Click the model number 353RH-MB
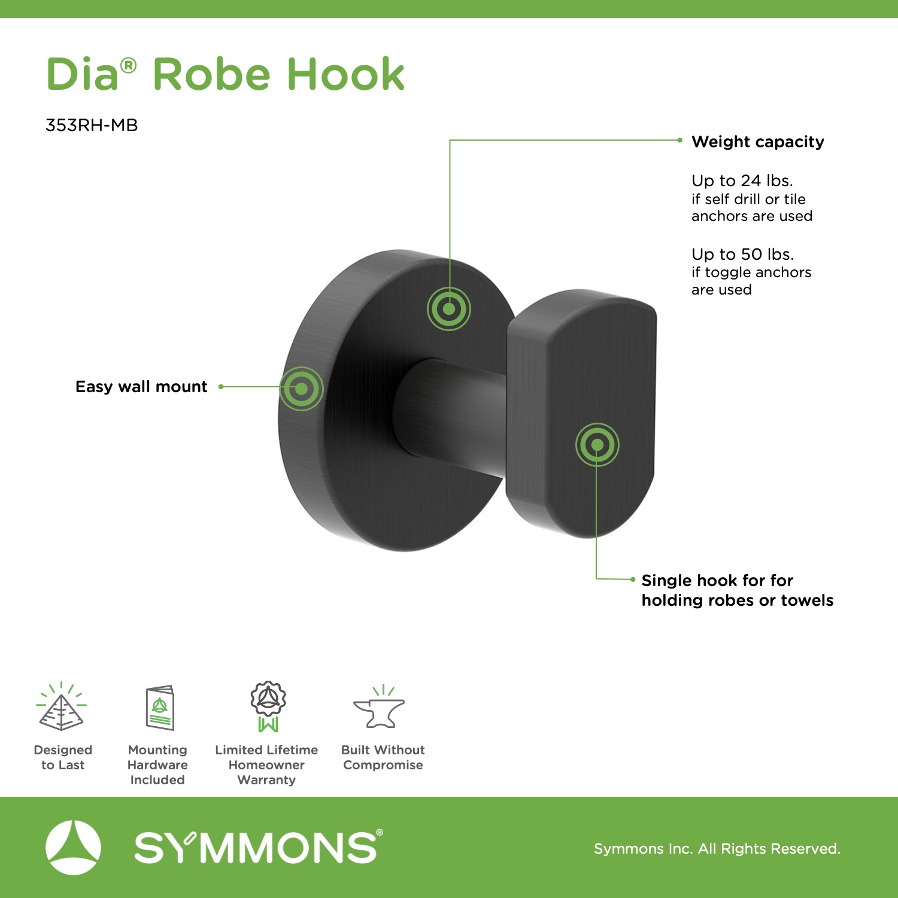tap(92, 125)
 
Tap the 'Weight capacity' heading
tap(758, 142)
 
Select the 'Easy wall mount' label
tap(141, 387)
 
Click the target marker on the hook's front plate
tap(597, 444)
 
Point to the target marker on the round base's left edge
tap(302, 389)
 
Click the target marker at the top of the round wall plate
tap(449, 309)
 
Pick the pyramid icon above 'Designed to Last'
tap(61, 706)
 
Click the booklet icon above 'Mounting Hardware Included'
tap(160, 708)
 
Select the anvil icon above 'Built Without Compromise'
tap(380, 707)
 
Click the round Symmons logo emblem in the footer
tap(73, 848)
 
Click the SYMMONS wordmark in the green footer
tap(258, 847)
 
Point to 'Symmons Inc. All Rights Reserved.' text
tap(717, 848)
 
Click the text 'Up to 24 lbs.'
tap(742, 180)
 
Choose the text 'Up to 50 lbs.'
tap(743, 254)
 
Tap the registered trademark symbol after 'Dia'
tap(129, 65)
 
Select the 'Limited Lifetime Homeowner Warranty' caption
tap(266, 764)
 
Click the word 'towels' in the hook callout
tap(807, 600)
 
